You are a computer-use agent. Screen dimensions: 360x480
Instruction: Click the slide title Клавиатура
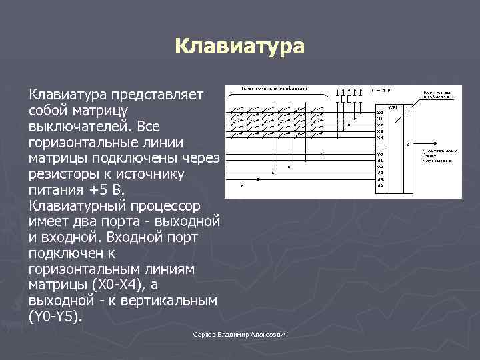[239, 47]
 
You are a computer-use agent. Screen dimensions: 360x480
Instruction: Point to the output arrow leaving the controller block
[427, 143]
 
